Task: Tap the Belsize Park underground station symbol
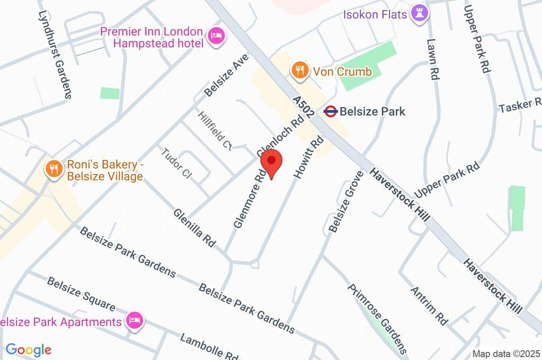(x=331, y=111)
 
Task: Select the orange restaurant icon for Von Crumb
(x=300, y=70)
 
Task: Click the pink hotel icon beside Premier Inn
(x=216, y=36)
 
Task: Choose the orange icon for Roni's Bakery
(x=53, y=169)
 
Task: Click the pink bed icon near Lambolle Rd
(x=134, y=320)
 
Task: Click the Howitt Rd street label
(x=309, y=157)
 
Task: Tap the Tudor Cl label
(x=176, y=164)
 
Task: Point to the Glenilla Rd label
(x=195, y=227)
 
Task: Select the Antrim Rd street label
(x=429, y=305)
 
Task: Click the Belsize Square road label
(x=80, y=293)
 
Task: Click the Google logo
(x=28, y=349)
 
